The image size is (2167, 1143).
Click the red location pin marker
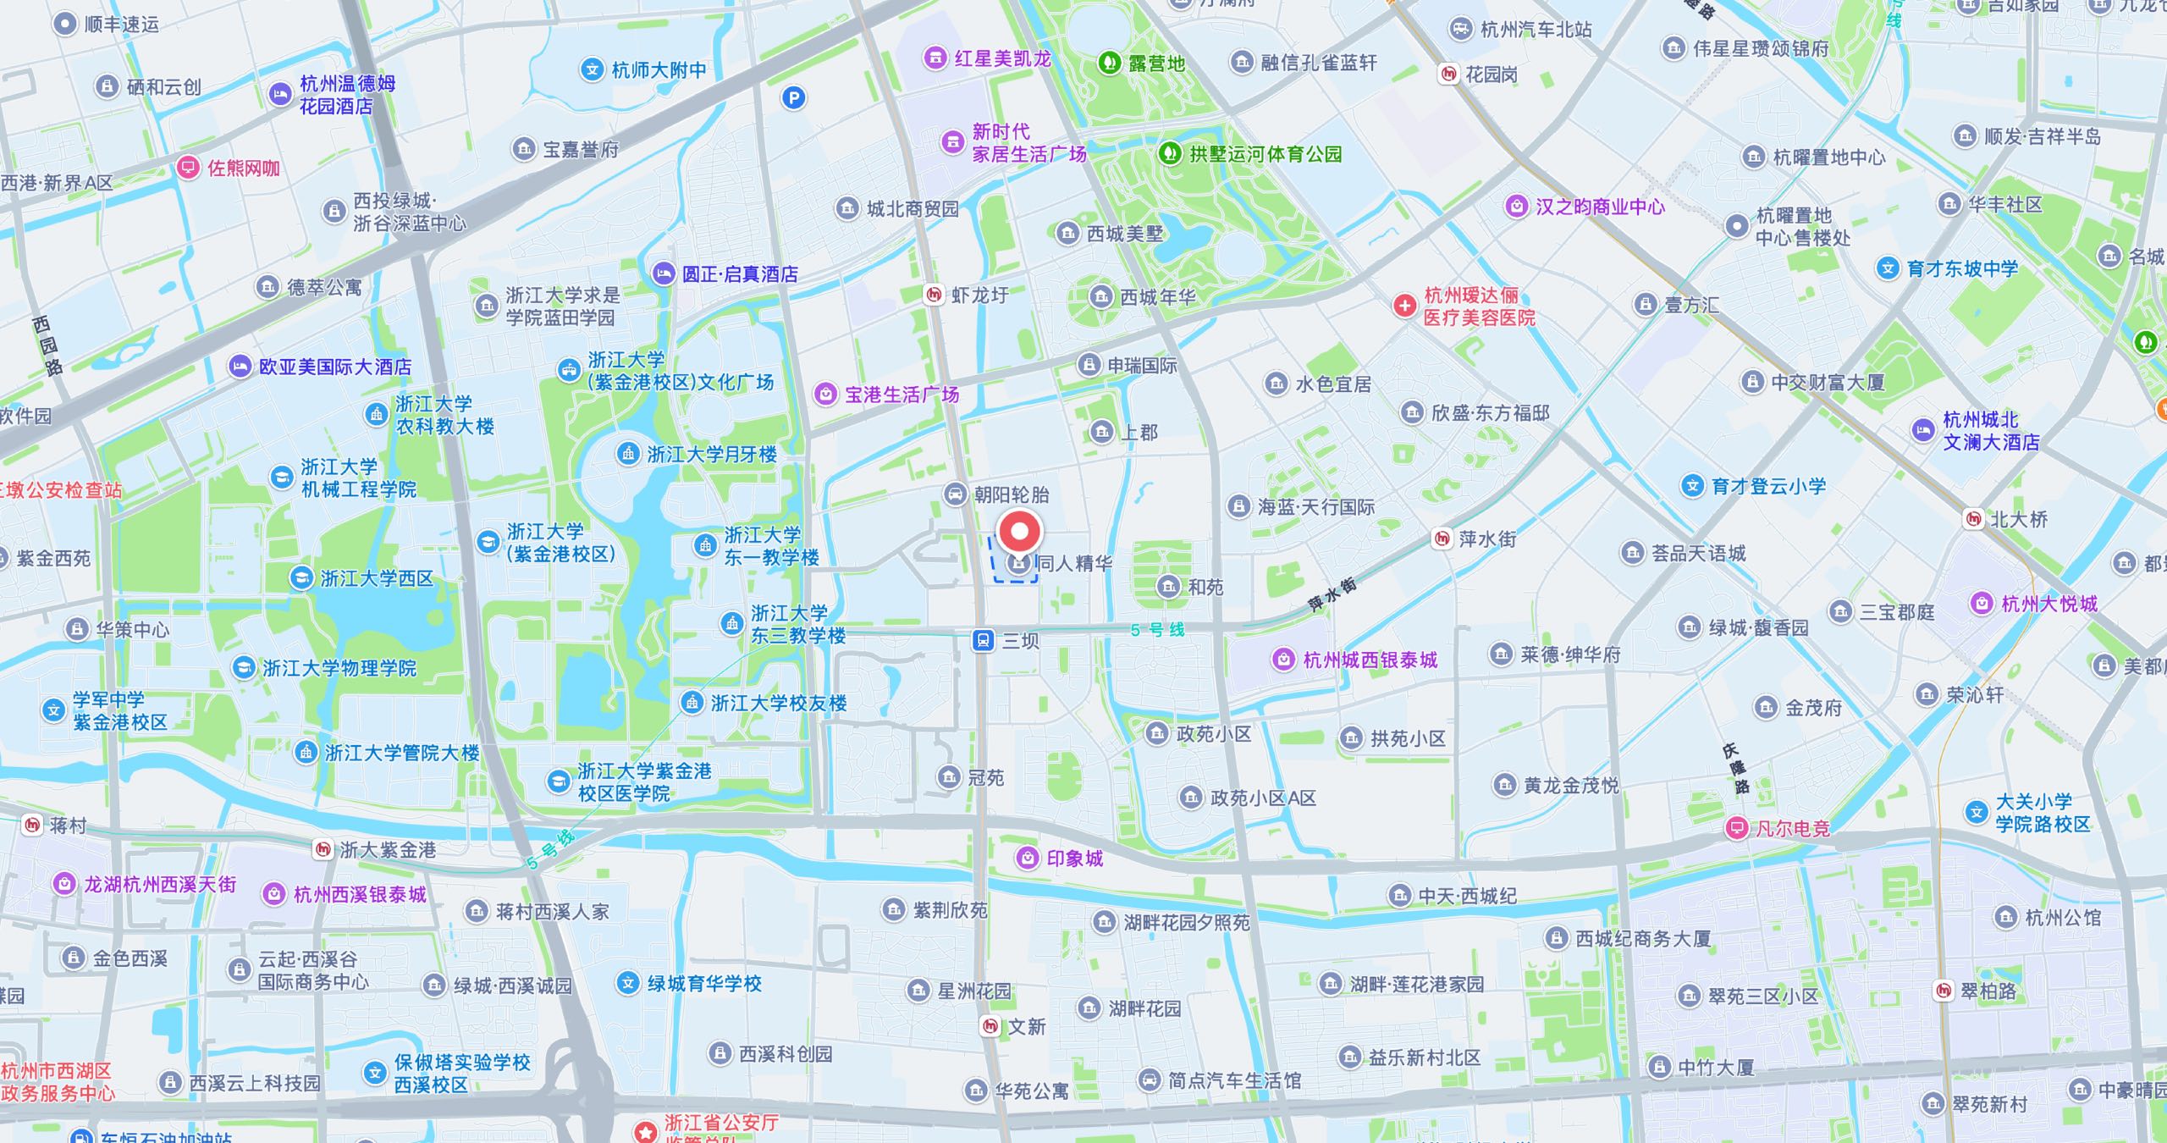[1019, 533]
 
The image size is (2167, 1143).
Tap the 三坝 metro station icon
[983, 640]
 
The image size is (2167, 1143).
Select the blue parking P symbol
[793, 98]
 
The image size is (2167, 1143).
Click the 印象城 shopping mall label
[1074, 859]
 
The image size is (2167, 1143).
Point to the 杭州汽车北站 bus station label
[1536, 30]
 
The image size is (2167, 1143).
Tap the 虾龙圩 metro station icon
[934, 295]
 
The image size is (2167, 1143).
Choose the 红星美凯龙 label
[1002, 58]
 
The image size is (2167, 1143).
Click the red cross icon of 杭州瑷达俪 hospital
[1404, 306]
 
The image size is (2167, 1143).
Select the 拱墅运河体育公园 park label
[1265, 154]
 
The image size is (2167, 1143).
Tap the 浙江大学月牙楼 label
[711, 455]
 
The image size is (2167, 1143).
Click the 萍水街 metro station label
[1487, 538]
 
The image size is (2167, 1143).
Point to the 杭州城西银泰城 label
[1370, 660]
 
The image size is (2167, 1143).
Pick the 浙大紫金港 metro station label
[388, 849]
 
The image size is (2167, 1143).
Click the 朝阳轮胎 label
[1011, 494]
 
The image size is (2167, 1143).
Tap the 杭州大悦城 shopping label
[2048, 604]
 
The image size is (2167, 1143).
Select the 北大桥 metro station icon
[1974, 519]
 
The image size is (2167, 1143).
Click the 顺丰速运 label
[121, 24]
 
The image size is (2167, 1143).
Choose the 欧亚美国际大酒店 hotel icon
[240, 367]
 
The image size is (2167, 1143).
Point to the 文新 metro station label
[1026, 1026]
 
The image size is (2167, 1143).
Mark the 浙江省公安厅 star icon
[646, 1131]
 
